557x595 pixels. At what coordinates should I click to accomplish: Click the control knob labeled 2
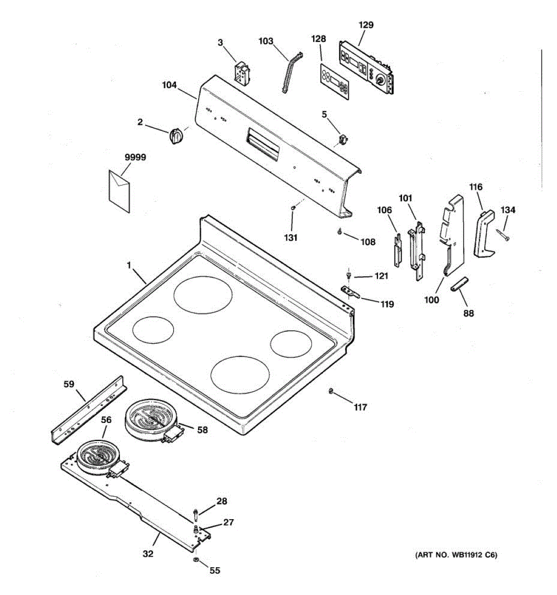tap(175, 135)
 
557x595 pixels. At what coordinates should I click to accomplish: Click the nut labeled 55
tap(195, 560)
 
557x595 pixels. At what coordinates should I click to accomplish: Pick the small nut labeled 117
tap(330, 393)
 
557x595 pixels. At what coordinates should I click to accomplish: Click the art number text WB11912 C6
tap(456, 555)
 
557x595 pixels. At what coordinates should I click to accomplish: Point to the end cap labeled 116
tap(484, 233)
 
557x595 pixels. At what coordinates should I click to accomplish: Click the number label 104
tap(169, 85)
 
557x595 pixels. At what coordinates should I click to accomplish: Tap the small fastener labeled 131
tap(294, 208)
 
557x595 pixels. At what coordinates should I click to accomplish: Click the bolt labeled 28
tap(197, 511)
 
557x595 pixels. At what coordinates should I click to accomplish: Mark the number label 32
tap(148, 553)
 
